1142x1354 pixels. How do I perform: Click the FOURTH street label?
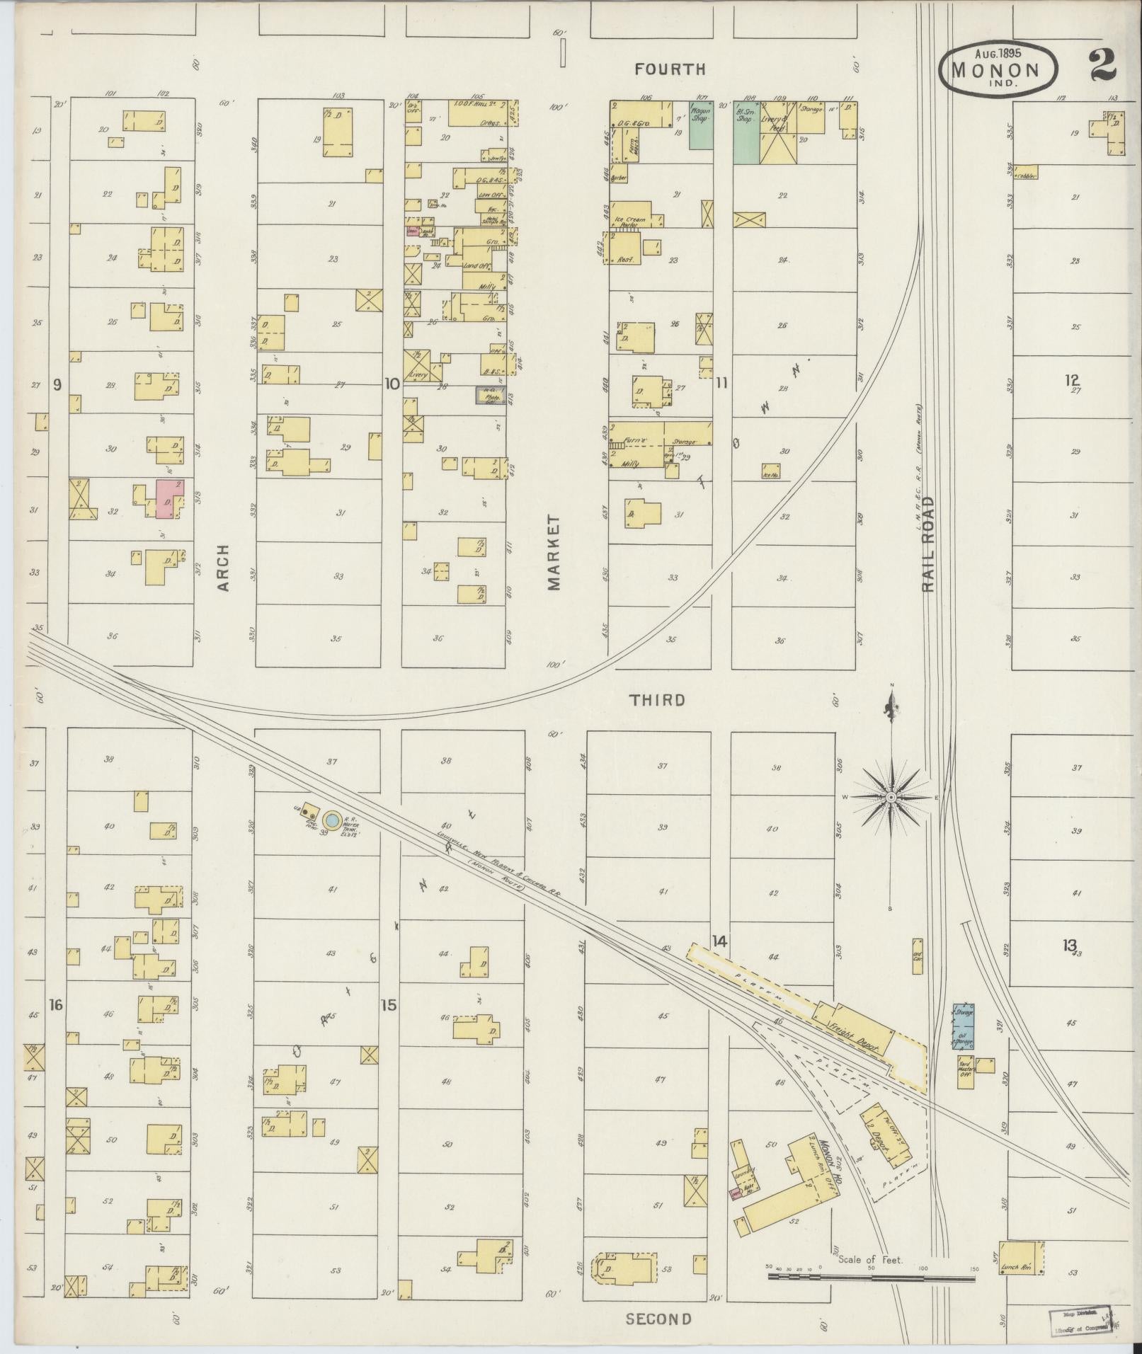coord(670,69)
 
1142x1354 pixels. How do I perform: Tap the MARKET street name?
coord(553,553)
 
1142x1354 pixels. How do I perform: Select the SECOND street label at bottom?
coord(658,1319)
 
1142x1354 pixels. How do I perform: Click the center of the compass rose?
coord(891,798)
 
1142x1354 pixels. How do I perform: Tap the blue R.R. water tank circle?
coord(331,820)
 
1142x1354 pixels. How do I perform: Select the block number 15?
coord(388,1004)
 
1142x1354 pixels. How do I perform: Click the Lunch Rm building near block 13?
coord(1020,1258)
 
